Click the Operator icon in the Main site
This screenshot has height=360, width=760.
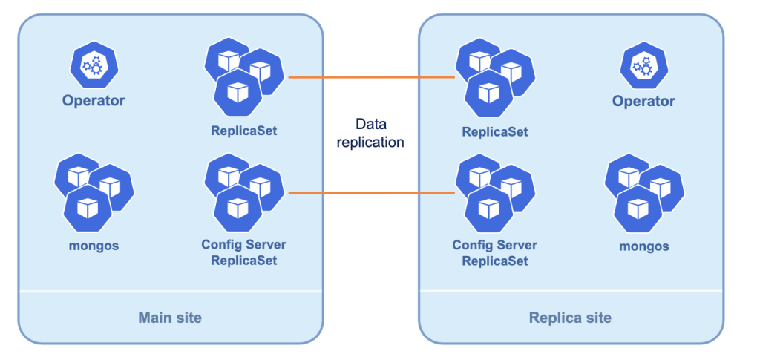[93, 67]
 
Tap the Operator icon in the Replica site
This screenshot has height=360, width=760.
[643, 67]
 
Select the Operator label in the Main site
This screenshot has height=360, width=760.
[94, 101]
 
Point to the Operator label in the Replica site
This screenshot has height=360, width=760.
[643, 101]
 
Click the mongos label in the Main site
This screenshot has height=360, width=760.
[94, 245]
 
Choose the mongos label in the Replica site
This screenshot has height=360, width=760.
[643, 246]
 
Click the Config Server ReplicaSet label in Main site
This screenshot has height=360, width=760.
[243, 252]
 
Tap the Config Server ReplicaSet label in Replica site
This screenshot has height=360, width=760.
[495, 253]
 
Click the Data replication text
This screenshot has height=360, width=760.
[370, 133]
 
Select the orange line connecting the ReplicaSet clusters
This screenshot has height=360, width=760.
[370, 77]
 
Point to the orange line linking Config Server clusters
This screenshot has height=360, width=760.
[370, 193]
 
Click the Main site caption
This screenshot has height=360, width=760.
[170, 318]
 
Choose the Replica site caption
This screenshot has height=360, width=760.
[570, 318]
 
